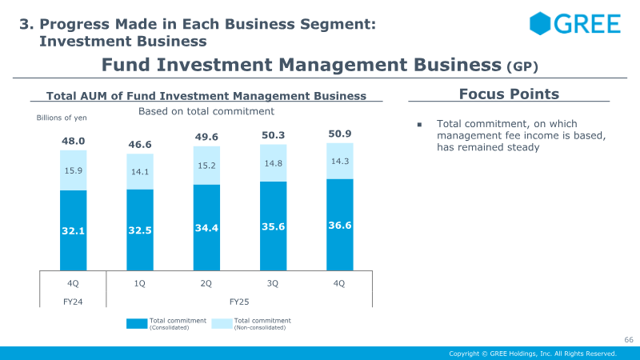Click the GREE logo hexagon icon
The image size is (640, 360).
[540, 23]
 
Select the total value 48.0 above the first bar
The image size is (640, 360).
[74, 142]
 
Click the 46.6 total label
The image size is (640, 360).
[140, 145]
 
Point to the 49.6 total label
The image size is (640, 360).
[206, 138]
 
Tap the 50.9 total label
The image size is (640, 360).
[339, 134]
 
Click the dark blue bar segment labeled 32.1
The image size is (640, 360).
[74, 230]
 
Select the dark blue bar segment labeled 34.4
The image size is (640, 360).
[206, 228]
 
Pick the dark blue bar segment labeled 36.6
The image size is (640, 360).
[339, 226]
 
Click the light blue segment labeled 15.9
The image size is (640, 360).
[74, 170]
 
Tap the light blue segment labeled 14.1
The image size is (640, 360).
[140, 171]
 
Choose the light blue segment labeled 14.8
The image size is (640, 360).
[273, 163]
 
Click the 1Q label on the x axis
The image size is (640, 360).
[140, 282]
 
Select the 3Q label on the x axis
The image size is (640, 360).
[273, 282]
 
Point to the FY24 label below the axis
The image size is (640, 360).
[73, 302]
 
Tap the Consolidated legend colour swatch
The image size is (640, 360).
[137, 324]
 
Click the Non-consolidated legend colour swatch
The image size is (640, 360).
[222, 324]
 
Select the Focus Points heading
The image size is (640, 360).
[509, 94]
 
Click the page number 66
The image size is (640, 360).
[628, 341]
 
